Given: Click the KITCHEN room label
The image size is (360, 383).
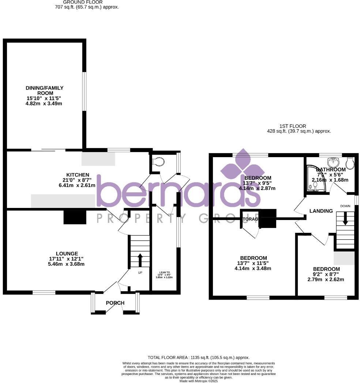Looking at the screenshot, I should coord(78,175).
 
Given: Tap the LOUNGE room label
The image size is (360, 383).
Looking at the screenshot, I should coord(67,253).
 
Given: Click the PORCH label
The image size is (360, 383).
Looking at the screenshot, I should coord(115,303).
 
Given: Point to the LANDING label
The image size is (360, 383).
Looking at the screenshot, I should coord(321,211).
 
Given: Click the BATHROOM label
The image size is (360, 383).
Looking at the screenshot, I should coord(331,170).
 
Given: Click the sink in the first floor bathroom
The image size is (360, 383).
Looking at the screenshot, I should coord(333,161).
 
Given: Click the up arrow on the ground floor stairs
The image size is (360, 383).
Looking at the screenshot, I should coord(140,260).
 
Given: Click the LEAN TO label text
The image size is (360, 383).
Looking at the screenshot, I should coord(165,272).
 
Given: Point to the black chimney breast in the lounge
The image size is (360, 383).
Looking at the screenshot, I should coord(75,217).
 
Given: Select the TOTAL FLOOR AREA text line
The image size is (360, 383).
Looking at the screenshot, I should coord(198,357).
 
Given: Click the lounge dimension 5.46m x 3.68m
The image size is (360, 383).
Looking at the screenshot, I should coord(67,264).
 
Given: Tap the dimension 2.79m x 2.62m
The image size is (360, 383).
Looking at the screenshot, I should coord(326,280).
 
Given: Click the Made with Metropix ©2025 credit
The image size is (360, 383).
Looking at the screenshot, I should coord(198,381).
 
